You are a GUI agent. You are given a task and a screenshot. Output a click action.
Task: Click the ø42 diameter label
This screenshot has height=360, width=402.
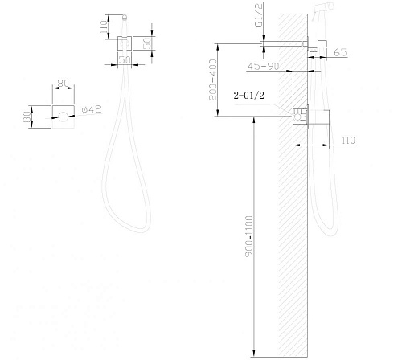coord(91,109)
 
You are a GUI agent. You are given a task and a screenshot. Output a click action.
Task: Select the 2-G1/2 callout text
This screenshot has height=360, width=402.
coord(248,95)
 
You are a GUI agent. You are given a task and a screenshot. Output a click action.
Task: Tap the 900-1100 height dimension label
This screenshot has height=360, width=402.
coord(249,236)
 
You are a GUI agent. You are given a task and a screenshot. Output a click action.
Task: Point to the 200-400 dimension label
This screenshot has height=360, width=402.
coord(213,80)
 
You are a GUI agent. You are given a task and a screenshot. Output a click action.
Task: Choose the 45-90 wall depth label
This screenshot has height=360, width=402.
coord(263,66)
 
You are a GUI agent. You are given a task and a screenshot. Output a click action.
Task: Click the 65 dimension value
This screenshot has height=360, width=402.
coord(340,52)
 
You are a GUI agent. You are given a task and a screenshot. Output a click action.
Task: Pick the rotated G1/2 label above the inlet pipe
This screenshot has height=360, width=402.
coord(259,15)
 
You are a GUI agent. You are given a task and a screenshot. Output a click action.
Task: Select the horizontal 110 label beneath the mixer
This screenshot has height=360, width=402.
coord(348,140)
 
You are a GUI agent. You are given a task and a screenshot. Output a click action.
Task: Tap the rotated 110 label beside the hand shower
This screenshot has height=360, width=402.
coord(104,27)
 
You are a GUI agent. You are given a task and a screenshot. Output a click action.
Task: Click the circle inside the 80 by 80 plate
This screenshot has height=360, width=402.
coord(64,117)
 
